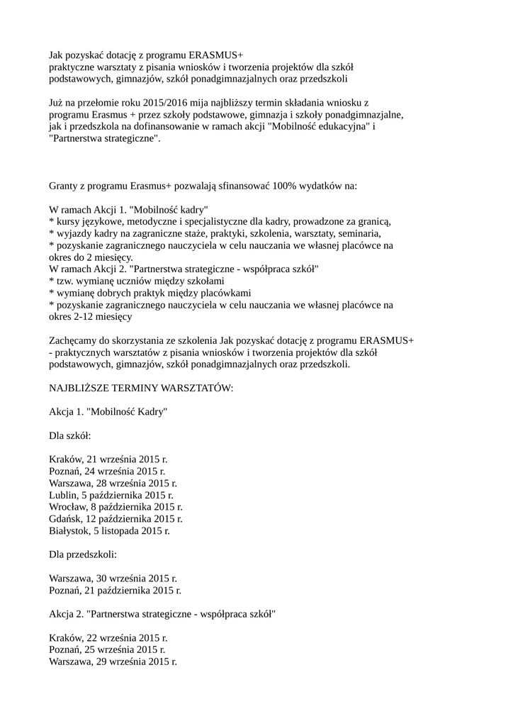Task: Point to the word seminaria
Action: coord(359,233)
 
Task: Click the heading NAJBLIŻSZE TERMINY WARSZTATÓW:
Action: coord(141,389)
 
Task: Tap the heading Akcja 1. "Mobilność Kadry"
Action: coord(108,412)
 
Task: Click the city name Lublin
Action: coord(64,495)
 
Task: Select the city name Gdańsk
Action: coord(67,519)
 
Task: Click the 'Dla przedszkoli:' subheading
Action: coord(83,554)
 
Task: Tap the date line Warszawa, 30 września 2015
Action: coord(113,579)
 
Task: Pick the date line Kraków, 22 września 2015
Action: coord(108,638)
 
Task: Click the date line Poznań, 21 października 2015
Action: coord(115,590)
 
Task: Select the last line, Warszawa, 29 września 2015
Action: coord(113,661)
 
